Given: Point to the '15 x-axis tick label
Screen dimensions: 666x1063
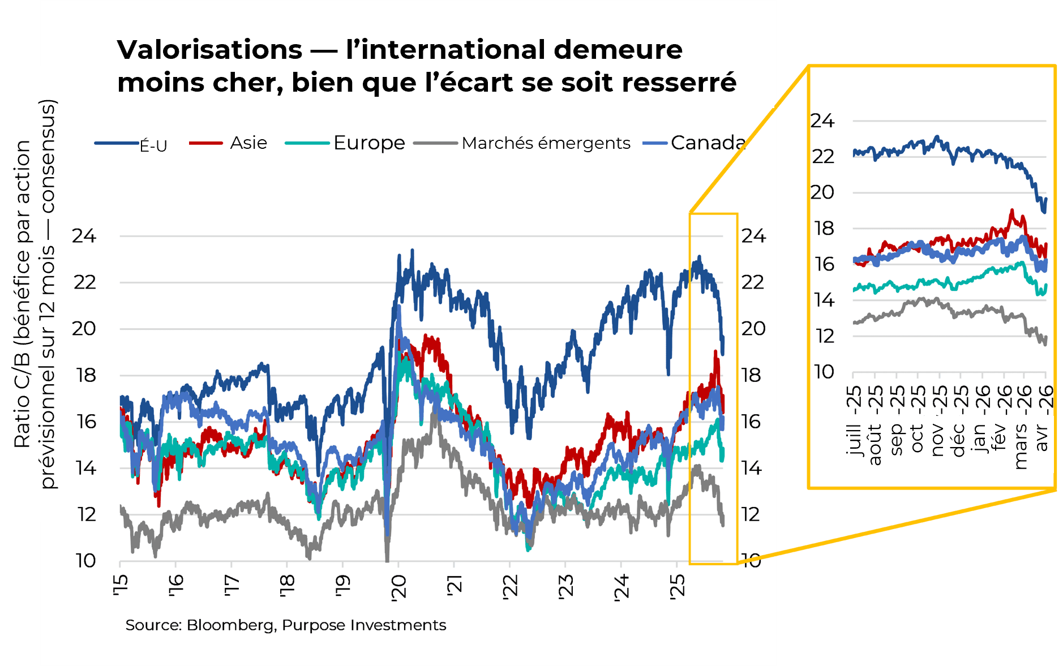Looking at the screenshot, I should (120, 585).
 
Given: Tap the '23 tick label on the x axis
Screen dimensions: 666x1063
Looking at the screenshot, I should (565, 586).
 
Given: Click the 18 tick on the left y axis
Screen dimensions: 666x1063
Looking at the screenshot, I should (86, 375).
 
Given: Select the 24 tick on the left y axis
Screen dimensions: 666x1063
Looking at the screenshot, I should (84, 236).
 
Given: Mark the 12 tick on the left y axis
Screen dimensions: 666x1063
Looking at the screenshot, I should (86, 514).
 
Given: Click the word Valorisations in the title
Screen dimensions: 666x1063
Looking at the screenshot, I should (209, 50).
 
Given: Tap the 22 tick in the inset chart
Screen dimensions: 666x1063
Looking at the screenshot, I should (823, 157).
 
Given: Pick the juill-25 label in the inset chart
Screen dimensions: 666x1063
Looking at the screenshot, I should (854, 422).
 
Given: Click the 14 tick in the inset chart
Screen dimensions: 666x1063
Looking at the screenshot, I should (824, 300).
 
